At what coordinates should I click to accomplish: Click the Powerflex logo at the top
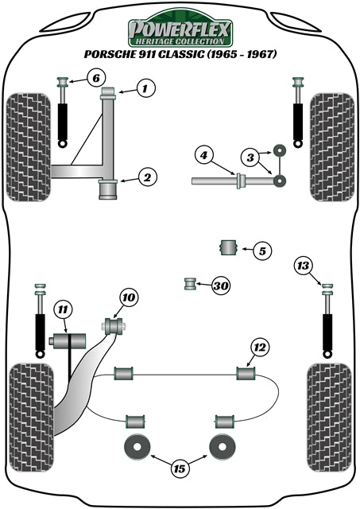tap(180, 30)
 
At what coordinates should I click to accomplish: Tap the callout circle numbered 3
tap(250, 158)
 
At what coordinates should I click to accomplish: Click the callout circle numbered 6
tap(95, 78)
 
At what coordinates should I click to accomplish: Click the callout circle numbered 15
tap(180, 469)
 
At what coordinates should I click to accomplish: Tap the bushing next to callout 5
tap(229, 248)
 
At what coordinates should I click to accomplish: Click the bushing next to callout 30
tap(190, 283)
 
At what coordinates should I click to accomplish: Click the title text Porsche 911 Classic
tap(180, 56)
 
